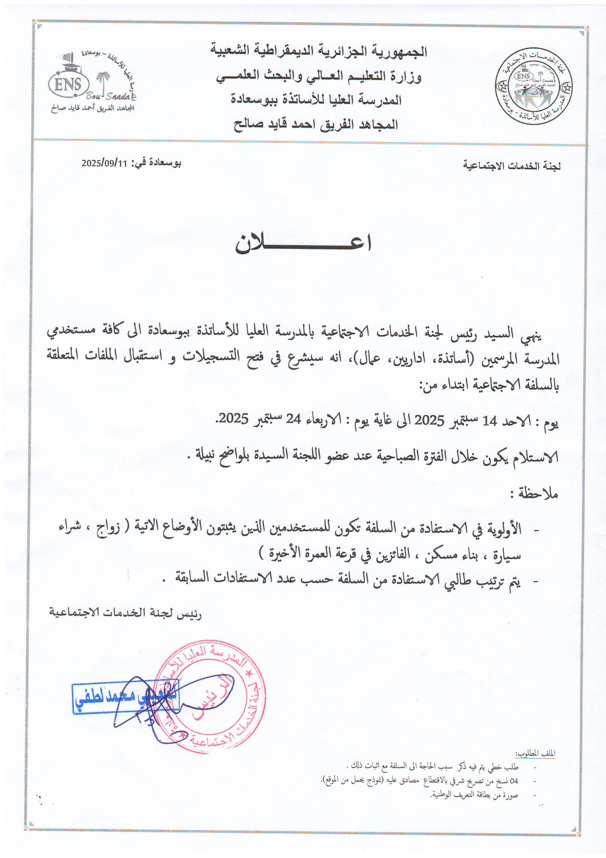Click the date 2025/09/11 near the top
pos(104,163)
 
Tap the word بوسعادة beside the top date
pos(165,163)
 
